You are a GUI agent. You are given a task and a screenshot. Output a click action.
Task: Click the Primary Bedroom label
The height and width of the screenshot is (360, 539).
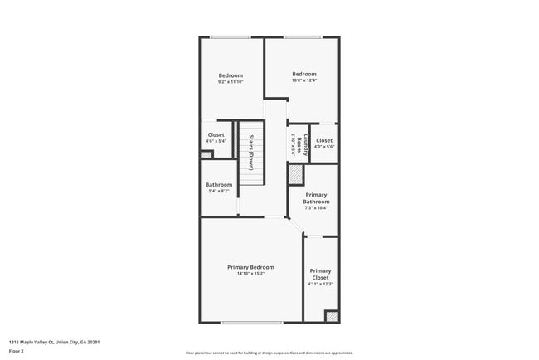250,267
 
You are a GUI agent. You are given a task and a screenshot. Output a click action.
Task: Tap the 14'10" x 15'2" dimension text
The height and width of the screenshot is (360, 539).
250,274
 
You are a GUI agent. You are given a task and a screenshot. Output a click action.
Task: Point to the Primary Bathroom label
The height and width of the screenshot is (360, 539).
316,198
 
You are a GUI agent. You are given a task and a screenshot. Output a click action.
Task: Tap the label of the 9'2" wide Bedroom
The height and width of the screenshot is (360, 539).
231,75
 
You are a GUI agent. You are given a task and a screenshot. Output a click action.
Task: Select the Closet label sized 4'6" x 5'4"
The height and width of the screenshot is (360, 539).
216,134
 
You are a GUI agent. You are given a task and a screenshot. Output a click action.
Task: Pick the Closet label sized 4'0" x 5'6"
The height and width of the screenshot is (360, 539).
323,140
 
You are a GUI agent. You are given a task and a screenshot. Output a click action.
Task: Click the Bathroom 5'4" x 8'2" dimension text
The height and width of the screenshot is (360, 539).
219,192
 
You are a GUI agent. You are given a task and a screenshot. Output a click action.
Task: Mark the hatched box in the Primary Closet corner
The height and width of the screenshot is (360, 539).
331,316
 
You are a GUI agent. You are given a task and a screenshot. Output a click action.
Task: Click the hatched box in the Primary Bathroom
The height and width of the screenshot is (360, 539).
296,175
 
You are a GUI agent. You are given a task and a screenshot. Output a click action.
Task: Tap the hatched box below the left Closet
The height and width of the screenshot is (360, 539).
206,154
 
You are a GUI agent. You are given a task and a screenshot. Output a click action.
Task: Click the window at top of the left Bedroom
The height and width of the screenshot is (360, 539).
231,36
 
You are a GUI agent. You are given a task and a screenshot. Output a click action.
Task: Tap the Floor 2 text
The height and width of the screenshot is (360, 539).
17,351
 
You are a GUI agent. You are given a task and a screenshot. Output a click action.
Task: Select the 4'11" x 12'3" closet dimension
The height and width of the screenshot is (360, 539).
320,285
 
